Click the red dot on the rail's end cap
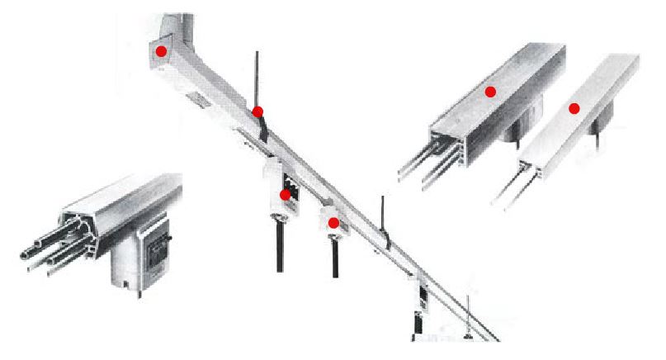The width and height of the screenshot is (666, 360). (x=162, y=51)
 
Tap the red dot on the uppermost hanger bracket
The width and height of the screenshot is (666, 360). (x=257, y=111)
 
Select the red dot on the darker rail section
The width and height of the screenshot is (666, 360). (x=490, y=92)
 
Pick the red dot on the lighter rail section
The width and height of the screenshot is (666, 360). (x=574, y=108)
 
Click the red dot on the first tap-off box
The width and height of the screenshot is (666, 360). (x=285, y=195)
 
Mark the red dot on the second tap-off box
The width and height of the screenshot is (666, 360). (x=333, y=222)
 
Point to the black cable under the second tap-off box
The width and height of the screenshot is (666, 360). (x=335, y=258)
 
